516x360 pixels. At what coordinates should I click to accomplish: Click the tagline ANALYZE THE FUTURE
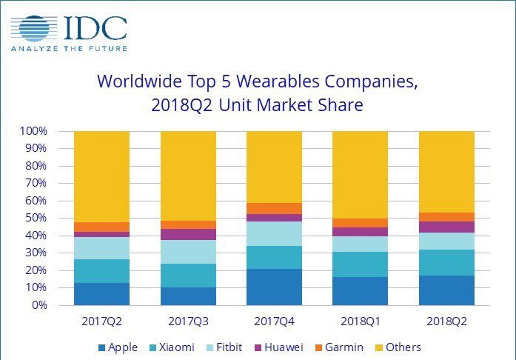pyautogui.click(x=68, y=48)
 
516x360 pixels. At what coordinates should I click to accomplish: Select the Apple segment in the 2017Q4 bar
pyautogui.click(x=275, y=287)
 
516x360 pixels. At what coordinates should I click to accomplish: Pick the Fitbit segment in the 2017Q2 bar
pyautogui.click(x=102, y=248)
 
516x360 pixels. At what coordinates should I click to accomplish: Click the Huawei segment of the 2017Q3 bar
pyautogui.click(x=188, y=234)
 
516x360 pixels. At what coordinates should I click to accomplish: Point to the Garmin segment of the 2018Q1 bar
pyautogui.click(x=361, y=222)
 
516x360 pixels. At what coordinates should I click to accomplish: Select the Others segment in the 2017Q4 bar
pyautogui.click(x=275, y=167)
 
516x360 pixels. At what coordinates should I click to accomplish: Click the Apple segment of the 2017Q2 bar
pyautogui.click(x=102, y=293)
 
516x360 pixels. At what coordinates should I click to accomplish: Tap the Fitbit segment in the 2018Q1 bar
pyautogui.click(x=361, y=244)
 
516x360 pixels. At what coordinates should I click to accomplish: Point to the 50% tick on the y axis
pyautogui.click(x=36, y=218)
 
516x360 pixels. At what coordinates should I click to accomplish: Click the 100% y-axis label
pyautogui.click(x=34, y=131)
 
